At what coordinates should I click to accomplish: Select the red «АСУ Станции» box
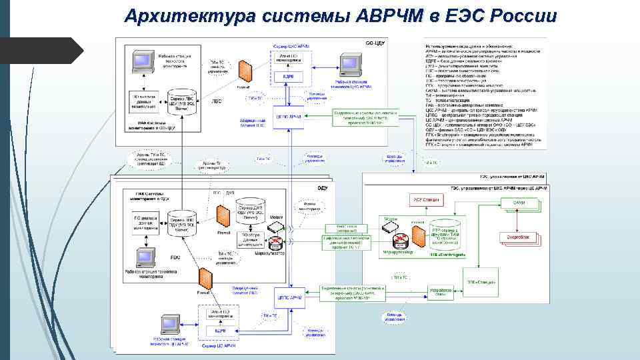[x=425, y=200]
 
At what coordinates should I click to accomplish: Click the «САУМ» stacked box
[x=519, y=203]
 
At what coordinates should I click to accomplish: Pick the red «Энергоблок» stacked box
[x=518, y=237]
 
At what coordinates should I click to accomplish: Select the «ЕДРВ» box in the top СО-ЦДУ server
[x=289, y=76]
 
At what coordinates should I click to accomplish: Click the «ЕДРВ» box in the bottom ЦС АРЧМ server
[x=220, y=331]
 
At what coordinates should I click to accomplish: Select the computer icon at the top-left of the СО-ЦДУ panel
[x=141, y=61]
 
